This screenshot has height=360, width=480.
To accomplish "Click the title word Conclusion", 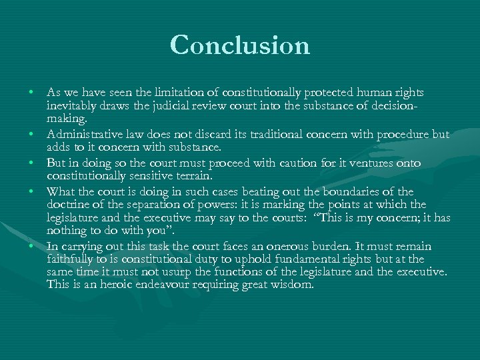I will [240, 45].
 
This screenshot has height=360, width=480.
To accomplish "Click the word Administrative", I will [86, 134].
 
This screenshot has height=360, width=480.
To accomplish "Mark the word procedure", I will [405, 134].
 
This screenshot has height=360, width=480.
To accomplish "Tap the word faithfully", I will [69, 259].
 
